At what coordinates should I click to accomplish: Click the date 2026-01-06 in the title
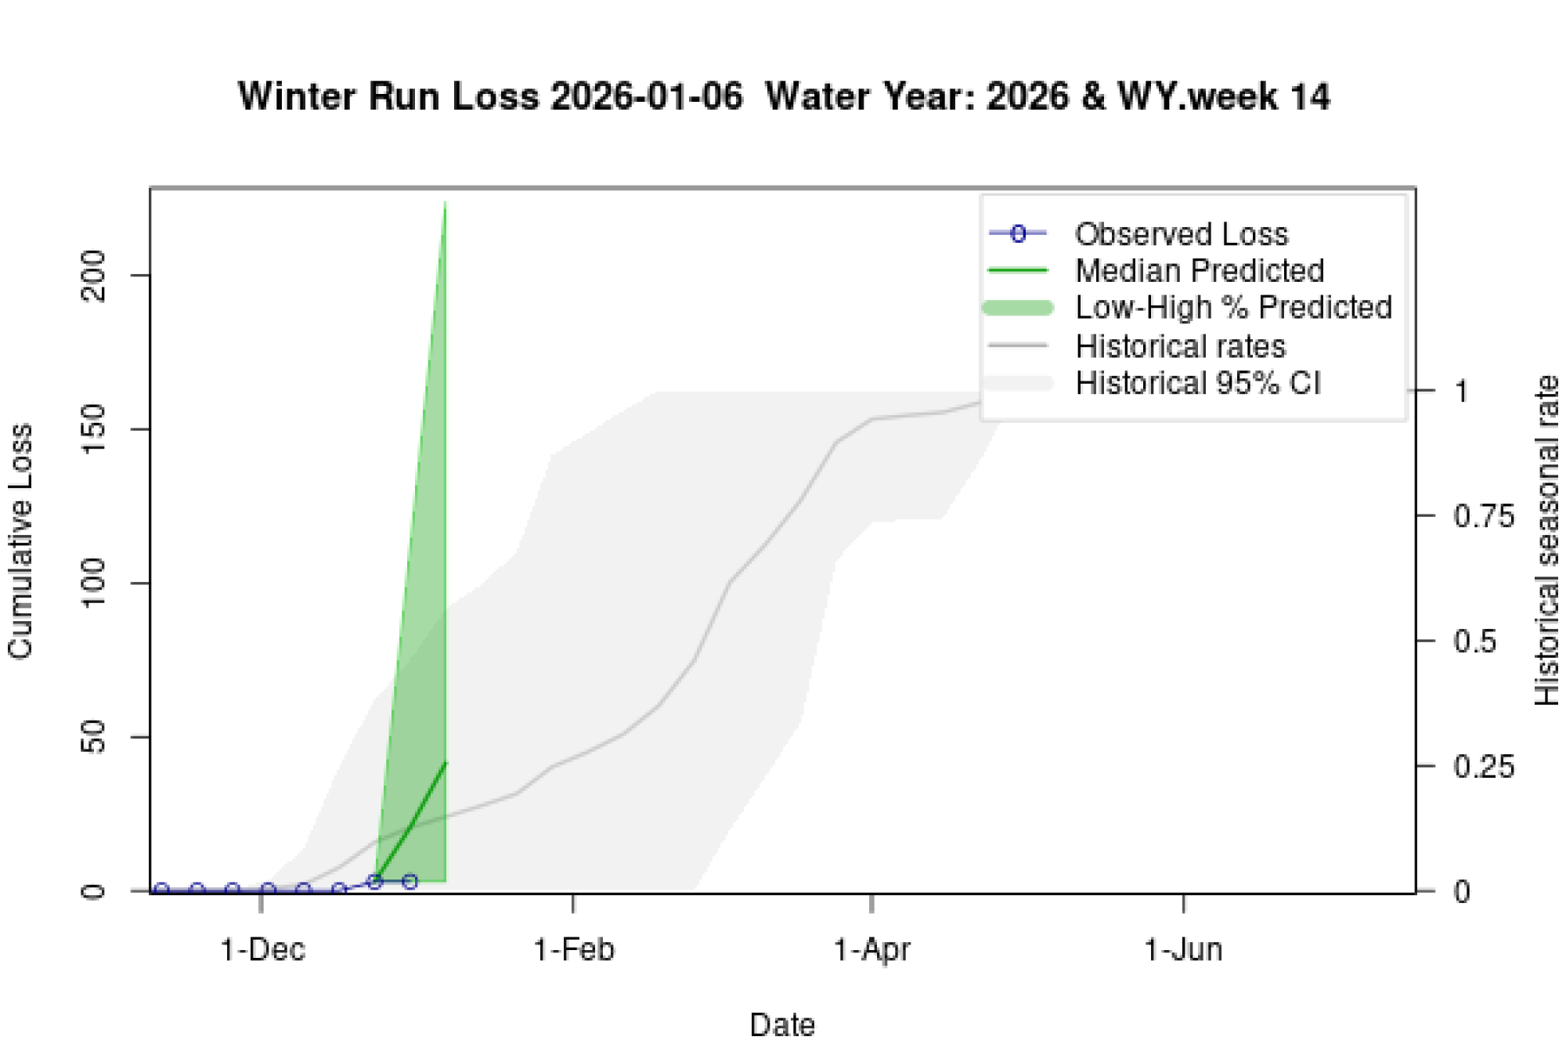coord(646,97)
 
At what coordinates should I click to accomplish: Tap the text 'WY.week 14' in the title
coord(1223,97)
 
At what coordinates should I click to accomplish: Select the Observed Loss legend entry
coord(1181,234)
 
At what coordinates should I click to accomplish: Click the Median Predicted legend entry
coord(1199,271)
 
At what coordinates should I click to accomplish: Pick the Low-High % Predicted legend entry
coord(1233,308)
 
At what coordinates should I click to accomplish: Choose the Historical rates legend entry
coord(1180,346)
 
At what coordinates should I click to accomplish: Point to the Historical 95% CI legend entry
coord(1197,384)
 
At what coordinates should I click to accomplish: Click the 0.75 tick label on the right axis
coord(1483,516)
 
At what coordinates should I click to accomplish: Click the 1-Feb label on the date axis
coord(574,950)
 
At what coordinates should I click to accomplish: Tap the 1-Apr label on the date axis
coord(871,950)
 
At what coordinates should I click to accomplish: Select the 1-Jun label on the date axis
coord(1183,950)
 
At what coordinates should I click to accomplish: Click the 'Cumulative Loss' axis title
coord(20,540)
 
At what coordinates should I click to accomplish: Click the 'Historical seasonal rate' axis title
coord(1546,540)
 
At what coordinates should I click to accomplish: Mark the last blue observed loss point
coord(410,882)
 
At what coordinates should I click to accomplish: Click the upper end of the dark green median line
coord(446,762)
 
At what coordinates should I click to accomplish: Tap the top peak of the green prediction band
coord(445,203)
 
